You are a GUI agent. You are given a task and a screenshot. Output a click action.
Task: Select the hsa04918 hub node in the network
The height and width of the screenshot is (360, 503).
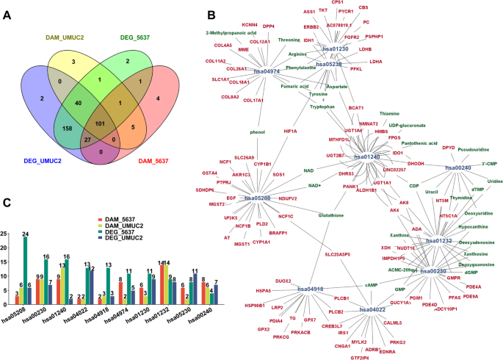pyautogui.click(x=311, y=289)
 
